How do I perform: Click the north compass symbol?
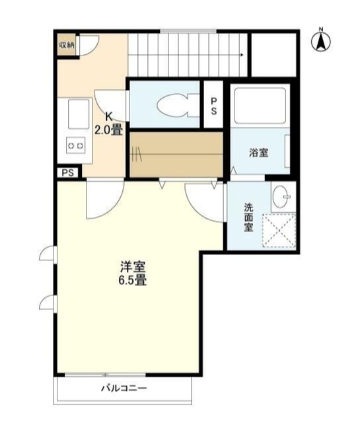pos(321,41)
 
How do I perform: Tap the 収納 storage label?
pos(67,45)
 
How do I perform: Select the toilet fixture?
pos(178,105)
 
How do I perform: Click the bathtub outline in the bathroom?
pos(260,106)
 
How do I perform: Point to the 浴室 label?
pos(259,153)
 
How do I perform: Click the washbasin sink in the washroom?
pos(281,197)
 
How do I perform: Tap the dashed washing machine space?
pos(279,231)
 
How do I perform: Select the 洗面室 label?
pos(248,217)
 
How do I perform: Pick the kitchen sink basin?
pos(79,114)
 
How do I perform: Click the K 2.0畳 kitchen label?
pos(108,124)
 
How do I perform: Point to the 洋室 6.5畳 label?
pos(133,273)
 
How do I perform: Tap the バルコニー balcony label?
pos(124,389)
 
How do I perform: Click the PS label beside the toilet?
pos(213,106)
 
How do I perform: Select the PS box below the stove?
pos(68,173)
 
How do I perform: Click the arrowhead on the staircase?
pos(242,55)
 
